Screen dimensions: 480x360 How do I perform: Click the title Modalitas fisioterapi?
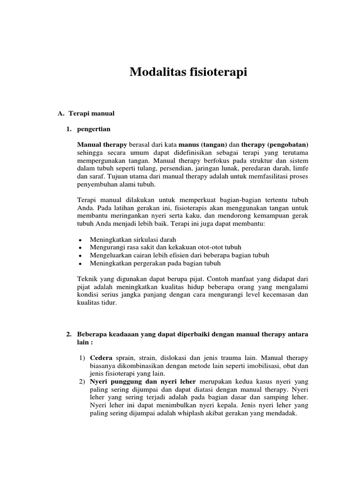187,72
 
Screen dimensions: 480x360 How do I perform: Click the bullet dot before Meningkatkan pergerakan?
81,264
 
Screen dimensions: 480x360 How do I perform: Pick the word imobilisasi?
251,366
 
